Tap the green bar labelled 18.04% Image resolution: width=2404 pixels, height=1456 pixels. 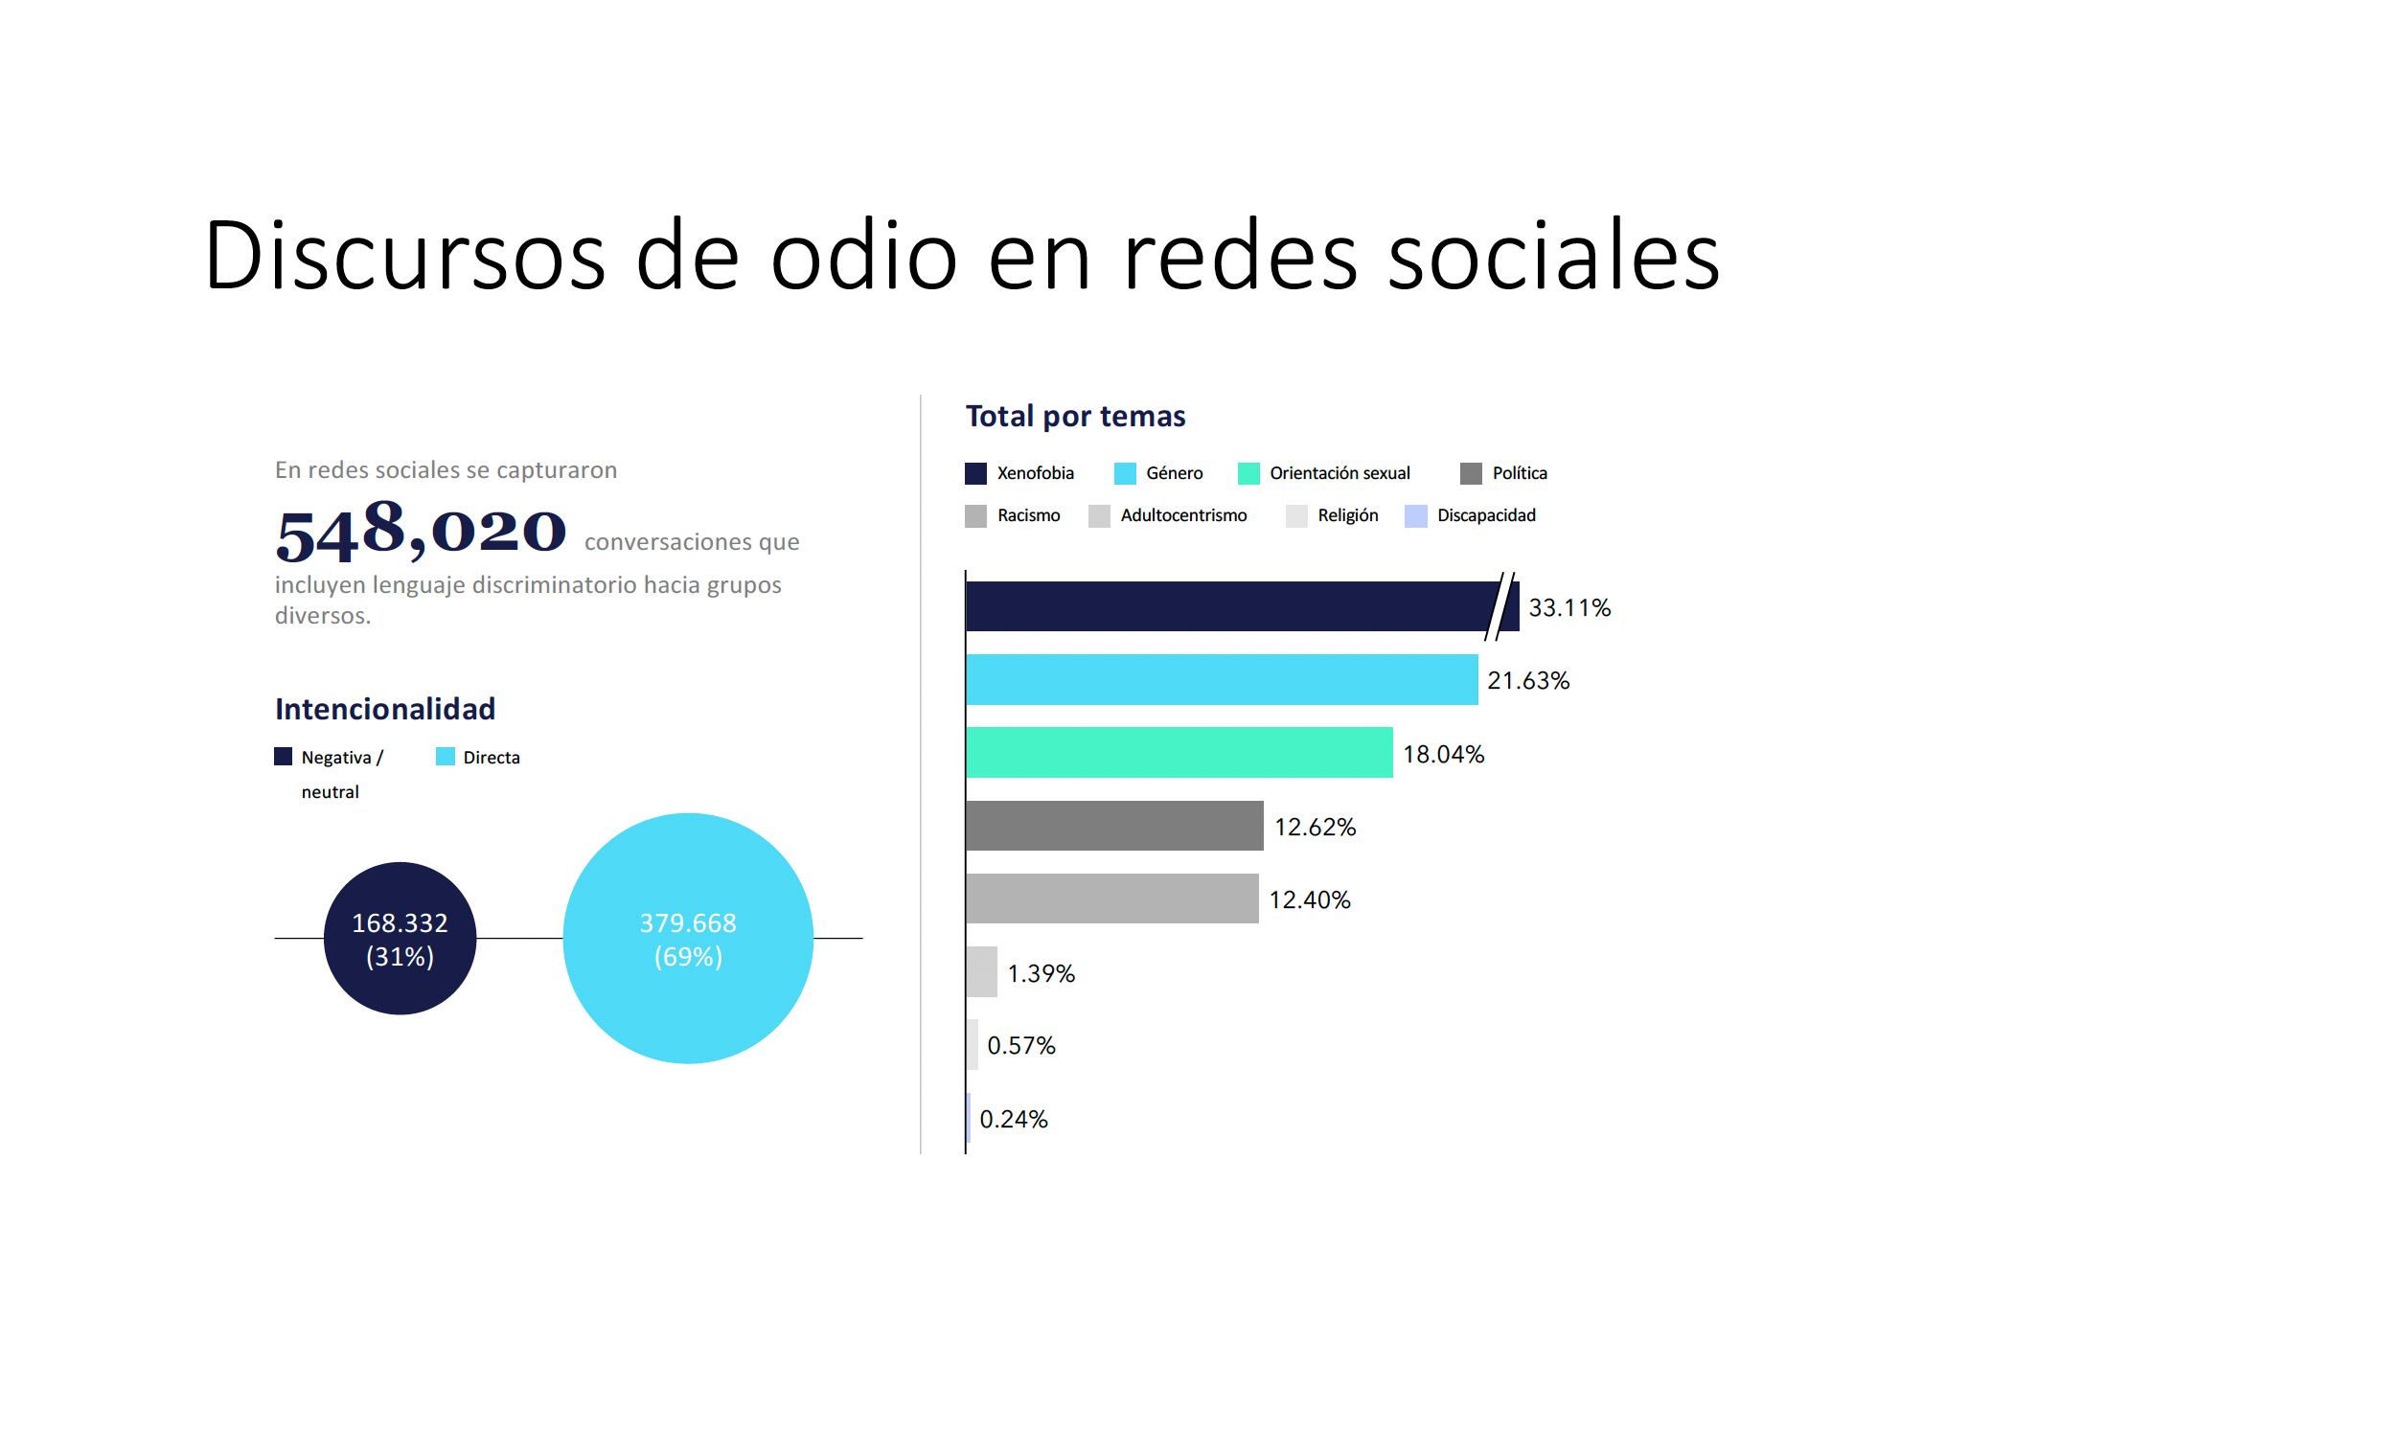(x=1179, y=752)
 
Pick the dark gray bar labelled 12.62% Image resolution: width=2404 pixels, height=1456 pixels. (x=1114, y=826)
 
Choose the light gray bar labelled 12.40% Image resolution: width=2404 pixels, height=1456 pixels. (x=1112, y=899)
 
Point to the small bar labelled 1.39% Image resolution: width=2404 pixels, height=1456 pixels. (x=981, y=971)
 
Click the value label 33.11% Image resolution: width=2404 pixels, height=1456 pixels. (x=1568, y=607)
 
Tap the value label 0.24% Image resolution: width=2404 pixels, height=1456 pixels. (x=1013, y=1119)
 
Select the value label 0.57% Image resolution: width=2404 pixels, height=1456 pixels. (x=1020, y=1045)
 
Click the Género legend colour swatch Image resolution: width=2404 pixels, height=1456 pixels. (x=1125, y=473)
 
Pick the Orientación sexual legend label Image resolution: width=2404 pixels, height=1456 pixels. (x=1339, y=473)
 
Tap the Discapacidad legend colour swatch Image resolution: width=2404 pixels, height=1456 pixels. (x=1415, y=516)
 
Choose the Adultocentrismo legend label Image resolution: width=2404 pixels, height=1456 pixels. (x=1183, y=515)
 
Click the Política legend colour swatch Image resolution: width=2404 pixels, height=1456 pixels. (x=1471, y=473)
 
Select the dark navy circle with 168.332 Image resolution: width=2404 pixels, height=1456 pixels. (x=400, y=938)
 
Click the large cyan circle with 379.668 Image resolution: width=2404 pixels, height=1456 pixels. (x=688, y=938)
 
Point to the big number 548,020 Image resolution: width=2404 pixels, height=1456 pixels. (x=421, y=532)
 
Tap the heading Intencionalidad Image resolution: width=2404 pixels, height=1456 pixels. (x=385, y=709)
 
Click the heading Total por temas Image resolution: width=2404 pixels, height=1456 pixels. (x=1075, y=417)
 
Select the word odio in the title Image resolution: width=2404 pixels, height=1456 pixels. (x=862, y=256)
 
